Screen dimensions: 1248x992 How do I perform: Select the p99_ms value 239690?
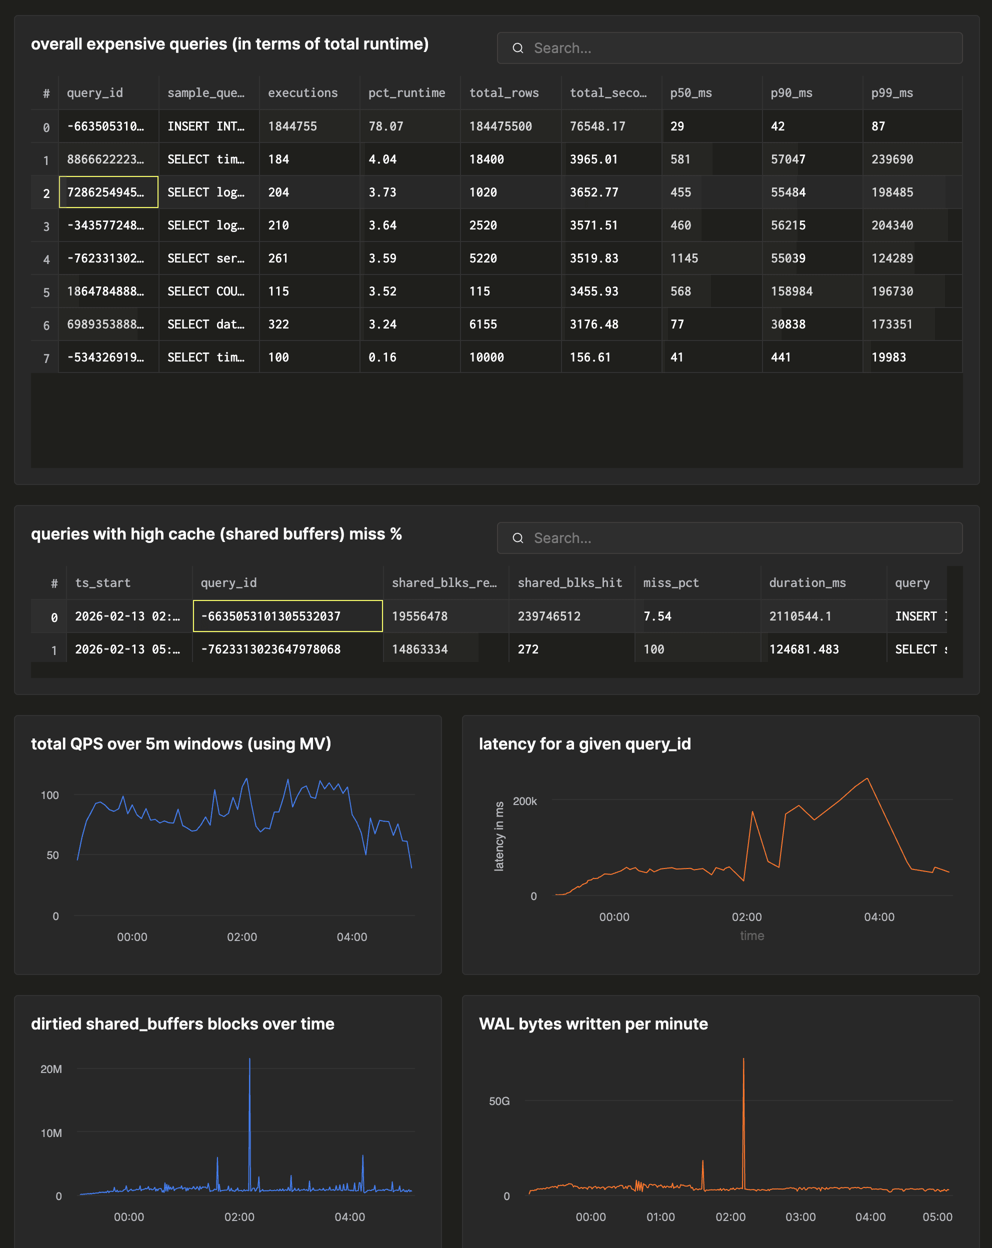892,159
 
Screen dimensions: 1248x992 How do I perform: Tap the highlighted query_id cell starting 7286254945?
108,192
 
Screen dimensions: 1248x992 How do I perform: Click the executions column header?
302,92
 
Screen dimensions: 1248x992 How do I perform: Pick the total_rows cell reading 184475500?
500,126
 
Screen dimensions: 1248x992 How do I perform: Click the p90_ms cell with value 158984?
791,291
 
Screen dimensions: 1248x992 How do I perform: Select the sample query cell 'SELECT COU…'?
206,291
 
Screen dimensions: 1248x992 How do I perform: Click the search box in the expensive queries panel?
729,48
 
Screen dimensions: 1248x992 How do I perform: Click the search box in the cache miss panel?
729,538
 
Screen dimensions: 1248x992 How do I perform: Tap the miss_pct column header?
671,583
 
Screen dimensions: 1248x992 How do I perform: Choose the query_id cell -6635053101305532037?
287,616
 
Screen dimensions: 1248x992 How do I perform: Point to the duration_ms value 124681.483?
804,649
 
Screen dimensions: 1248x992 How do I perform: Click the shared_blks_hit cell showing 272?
528,649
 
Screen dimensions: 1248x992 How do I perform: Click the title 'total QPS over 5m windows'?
180,744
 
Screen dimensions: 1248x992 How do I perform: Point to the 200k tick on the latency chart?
525,801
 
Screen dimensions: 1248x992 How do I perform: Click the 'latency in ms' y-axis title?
499,836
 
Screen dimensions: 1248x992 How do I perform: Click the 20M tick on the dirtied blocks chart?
51,1069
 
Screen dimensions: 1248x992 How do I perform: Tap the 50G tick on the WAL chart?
499,1101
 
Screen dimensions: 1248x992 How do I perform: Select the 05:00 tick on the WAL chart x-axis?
937,1216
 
